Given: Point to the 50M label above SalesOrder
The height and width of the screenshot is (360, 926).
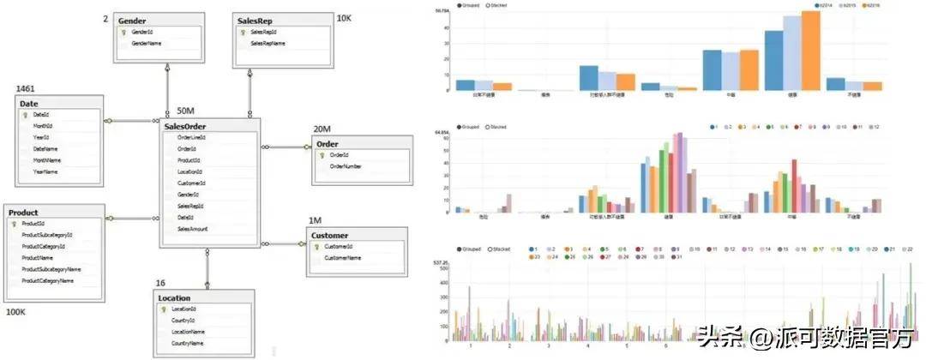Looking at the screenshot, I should pyautogui.click(x=186, y=111).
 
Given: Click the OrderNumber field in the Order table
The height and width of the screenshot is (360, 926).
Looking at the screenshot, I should pyautogui.click(x=346, y=166).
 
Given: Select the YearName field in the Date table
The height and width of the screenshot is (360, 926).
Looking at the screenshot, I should pyautogui.click(x=46, y=171).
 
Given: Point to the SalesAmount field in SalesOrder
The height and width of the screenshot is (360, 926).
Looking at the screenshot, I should pyautogui.click(x=193, y=229).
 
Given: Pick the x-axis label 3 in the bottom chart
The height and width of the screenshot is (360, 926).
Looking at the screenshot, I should pyautogui.click(x=549, y=346).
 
